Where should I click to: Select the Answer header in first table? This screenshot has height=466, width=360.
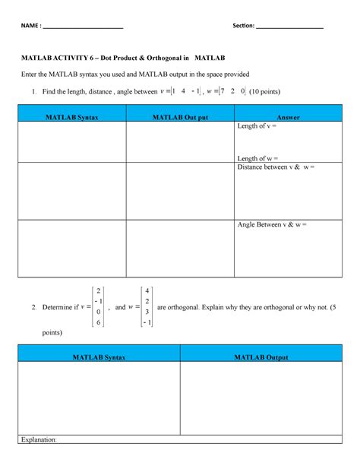tap(289, 117)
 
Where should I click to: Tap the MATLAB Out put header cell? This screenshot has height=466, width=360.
tap(180, 117)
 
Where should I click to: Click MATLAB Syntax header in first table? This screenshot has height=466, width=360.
tap(71, 117)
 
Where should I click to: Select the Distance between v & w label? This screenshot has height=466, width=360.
tap(276, 167)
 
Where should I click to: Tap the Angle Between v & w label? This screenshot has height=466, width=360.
tap(271, 225)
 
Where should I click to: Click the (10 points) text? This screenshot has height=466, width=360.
tap(264, 92)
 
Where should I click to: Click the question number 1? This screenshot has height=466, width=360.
tap(34, 92)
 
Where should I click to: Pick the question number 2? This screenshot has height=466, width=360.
tap(34, 307)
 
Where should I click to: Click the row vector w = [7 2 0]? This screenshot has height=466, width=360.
tap(216, 92)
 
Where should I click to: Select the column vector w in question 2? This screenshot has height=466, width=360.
tap(147, 306)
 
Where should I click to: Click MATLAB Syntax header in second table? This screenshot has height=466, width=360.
tap(99, 357)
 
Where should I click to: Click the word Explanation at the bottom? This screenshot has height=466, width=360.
tap(39, 439)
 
